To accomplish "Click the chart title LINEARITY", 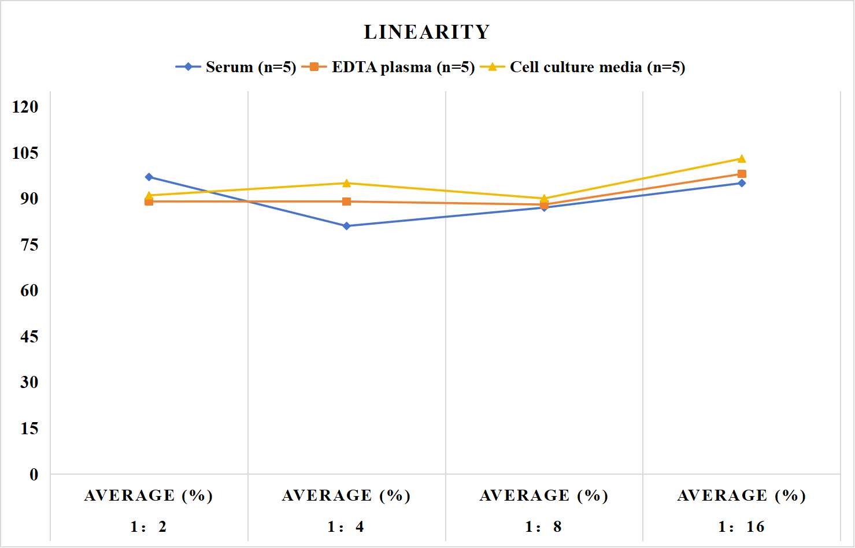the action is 427,32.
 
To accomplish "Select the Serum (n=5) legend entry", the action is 236,67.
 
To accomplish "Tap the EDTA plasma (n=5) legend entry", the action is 388,67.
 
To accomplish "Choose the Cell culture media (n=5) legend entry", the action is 583,67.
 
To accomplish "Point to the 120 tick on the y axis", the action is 25,107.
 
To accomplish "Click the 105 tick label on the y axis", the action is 25,153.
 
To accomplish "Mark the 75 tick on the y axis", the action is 29,245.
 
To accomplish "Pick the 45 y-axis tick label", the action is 29,337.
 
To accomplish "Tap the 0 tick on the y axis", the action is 34,475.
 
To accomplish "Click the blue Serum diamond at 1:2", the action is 149,177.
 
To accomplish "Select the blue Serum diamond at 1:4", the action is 347,226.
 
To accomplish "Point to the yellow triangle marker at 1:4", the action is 347,183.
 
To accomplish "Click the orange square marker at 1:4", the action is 347,202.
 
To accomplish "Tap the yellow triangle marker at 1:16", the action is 742,159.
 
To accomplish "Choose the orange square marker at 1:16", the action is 742,174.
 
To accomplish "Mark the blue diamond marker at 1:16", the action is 742,184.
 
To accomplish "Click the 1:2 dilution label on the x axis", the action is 149,527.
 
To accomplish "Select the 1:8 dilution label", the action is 543,527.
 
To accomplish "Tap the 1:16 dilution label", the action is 742,527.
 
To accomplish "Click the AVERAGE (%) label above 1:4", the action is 346,496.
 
